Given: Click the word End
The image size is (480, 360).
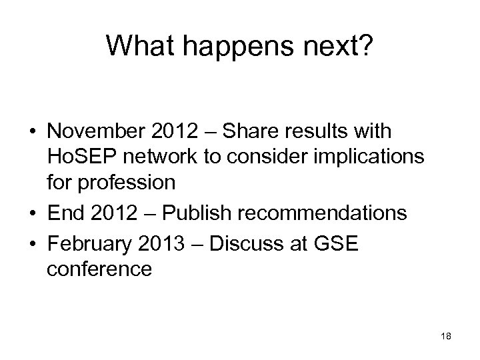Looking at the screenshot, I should point(64,213).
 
